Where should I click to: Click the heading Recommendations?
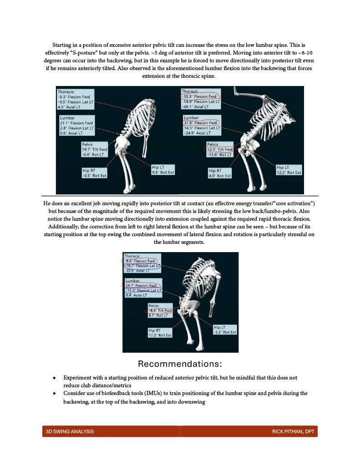click(x=180, y=364)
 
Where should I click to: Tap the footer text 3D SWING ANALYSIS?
click(x=70, y=431)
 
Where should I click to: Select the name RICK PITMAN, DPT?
click(x=293, y=431)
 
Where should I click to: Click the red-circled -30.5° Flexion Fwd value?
click(x=199, y=96)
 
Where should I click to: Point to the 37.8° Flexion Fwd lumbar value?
click(x=200, y=123)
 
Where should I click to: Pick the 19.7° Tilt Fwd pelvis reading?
click(x=94, y=149)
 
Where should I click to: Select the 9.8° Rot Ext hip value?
click(x=163, y=172)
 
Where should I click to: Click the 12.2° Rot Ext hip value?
click(x=289, y=172)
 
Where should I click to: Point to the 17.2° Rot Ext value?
click(x=160, y=335)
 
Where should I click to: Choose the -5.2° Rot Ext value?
click(x=225, y=332)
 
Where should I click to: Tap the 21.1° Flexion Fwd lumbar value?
click(x=76, y=123)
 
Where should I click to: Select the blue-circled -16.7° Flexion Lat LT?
click(x=142, y=266)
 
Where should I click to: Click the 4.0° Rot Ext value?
click(x=220, y=176)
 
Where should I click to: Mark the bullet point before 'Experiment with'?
click(x=54, y=378)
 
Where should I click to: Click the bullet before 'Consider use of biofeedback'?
click(x=54, y=394)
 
